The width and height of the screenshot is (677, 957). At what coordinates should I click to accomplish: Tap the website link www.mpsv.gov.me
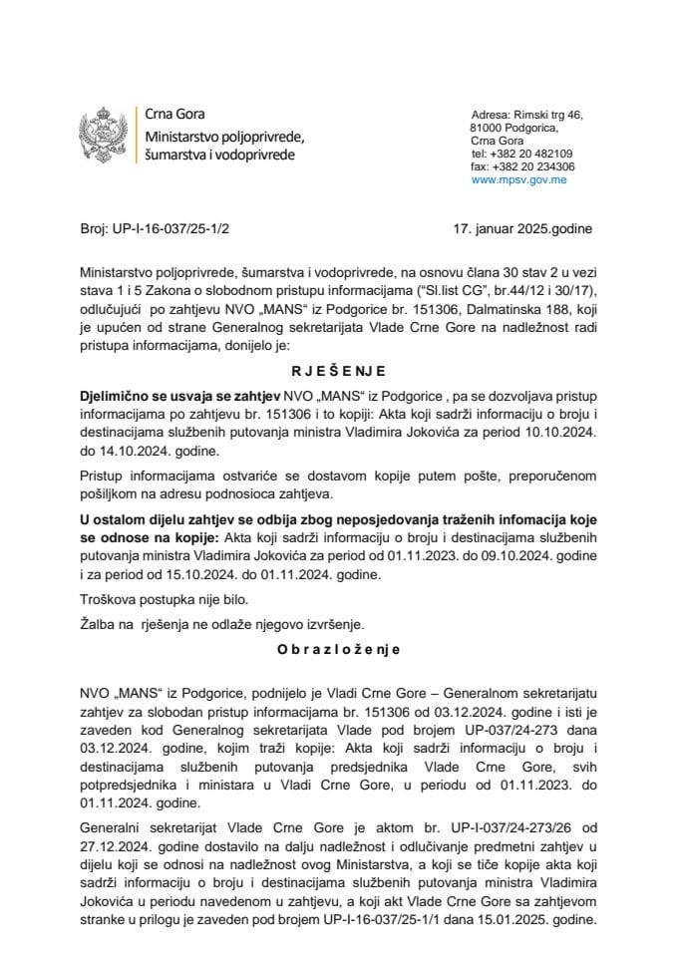coord(519,180)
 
